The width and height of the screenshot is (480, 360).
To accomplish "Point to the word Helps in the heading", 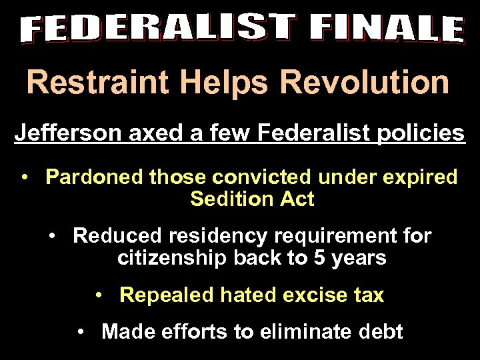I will coord(214,83).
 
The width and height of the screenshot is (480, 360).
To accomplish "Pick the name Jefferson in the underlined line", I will coord(65,133).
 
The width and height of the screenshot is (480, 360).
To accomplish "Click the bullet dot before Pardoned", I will coord(25,178).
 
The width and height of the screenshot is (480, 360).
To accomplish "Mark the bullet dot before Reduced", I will coord(53,236).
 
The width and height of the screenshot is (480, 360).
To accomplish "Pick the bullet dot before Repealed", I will coord(99,295).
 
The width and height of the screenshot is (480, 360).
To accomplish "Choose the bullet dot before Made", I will coord(81,331).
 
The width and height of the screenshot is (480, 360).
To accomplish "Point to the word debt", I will coord(379,331).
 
